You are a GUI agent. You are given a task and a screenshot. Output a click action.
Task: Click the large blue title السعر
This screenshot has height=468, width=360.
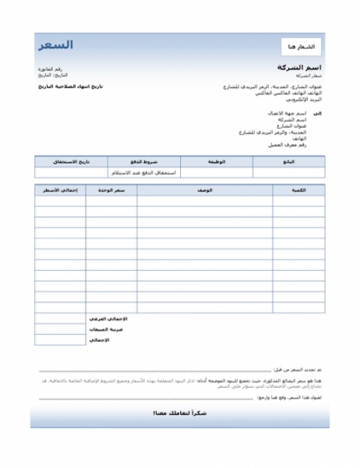[56, 45]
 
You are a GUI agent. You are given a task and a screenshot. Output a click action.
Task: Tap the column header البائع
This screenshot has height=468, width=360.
[287, 162]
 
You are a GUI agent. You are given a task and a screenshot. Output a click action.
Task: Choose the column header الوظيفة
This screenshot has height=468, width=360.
[215, 162]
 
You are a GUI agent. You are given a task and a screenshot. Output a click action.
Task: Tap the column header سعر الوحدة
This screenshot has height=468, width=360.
[111, 191]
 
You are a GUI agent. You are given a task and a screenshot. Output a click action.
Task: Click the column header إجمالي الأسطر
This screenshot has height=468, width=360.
[59, 191]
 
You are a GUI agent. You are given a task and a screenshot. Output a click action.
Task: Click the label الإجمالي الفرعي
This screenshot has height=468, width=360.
[108, 319]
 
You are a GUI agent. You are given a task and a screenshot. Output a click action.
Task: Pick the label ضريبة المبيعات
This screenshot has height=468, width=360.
[109, 330]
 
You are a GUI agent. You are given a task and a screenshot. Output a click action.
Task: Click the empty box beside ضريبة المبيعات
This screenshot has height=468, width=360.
[59, 330]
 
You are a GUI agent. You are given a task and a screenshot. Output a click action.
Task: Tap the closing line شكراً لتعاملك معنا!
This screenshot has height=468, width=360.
[180, 413]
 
